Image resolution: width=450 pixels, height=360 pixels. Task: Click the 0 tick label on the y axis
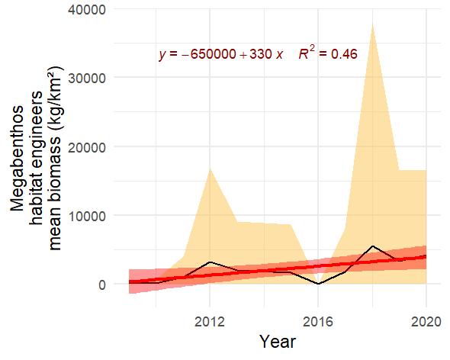103,284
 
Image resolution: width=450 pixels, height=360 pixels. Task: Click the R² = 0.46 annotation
328,54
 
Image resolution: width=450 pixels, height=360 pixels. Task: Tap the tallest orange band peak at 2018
371,24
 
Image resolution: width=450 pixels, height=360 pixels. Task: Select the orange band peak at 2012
210,168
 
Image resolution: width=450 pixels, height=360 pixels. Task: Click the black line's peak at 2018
371,246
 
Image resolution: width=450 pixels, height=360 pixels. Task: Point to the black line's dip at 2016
318,284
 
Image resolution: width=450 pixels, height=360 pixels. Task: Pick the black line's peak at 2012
210,262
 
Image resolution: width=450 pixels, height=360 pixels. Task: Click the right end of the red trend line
426,257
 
